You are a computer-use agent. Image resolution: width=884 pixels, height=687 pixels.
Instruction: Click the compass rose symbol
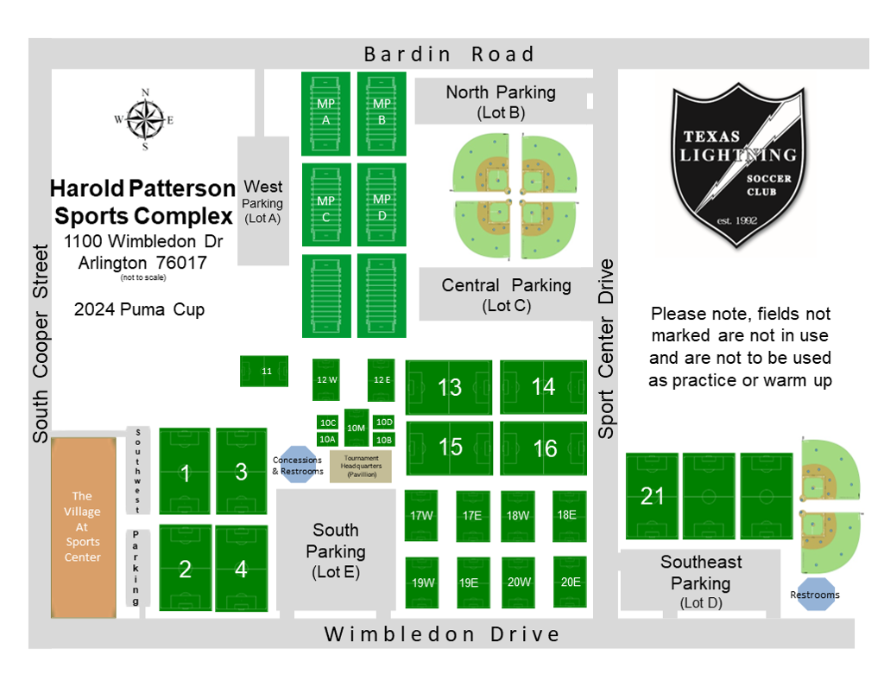click(x=144, y=120)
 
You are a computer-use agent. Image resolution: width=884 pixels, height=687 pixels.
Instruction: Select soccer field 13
click(x=449, y=387)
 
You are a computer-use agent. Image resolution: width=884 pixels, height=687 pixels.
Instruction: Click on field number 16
click(x=544, y=448)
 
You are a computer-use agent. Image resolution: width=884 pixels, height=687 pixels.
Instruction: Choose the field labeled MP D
click(x=382, y=205)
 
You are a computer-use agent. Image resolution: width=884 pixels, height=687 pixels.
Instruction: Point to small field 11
click(x=264, y=372)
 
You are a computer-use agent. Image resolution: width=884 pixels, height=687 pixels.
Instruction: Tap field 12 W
click(x=326, y=379)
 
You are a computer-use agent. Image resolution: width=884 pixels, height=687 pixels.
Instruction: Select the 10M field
click(x=356, y=427)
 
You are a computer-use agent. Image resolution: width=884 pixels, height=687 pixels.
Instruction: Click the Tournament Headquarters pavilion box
click(x=361, y=466)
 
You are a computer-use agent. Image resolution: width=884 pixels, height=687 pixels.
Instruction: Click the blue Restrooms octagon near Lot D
click(x=815, y=595)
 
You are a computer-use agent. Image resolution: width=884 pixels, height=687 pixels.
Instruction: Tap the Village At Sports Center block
click(x=83, y=527)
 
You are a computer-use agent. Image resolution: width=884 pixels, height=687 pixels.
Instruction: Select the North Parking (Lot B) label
click(x=501, y=101)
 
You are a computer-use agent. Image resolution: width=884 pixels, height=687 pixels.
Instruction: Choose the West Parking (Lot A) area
click(x=263, y=201)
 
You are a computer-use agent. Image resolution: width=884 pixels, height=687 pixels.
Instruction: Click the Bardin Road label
click(x=449, y=54)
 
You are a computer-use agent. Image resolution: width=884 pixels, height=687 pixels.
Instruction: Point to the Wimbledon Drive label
click(x=442, y=634)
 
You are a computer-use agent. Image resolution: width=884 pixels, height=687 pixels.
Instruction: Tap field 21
click(x=652, y=496)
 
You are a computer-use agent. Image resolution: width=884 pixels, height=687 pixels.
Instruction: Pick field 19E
click(x=469, y=582)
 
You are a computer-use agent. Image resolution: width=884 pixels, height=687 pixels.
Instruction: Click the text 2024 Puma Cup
click(x=139, y=309)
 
